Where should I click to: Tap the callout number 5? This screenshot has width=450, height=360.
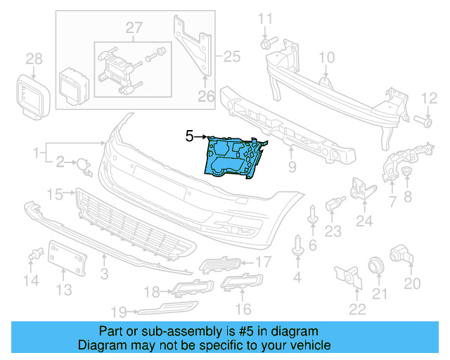tap(189, 136)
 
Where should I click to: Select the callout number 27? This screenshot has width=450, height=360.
tap(134, 27)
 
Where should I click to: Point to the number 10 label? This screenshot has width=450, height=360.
tap(327, 57)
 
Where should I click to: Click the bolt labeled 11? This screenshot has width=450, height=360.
tap(265, 44)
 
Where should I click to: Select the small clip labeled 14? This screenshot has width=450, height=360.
tap(33, 258)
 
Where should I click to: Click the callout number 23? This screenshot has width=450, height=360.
tap(332, 229)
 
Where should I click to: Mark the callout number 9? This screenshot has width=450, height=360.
tap(291, 167)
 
